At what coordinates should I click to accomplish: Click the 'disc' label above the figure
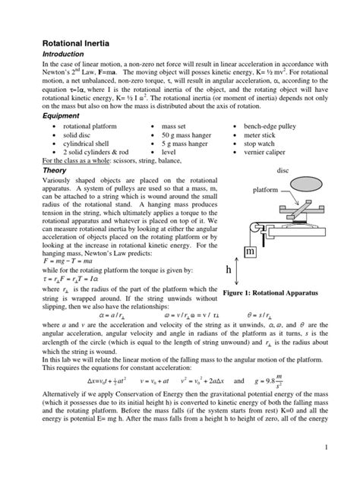[x=304, y=171]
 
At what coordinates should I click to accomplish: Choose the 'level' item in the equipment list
[x=172, y=153]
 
